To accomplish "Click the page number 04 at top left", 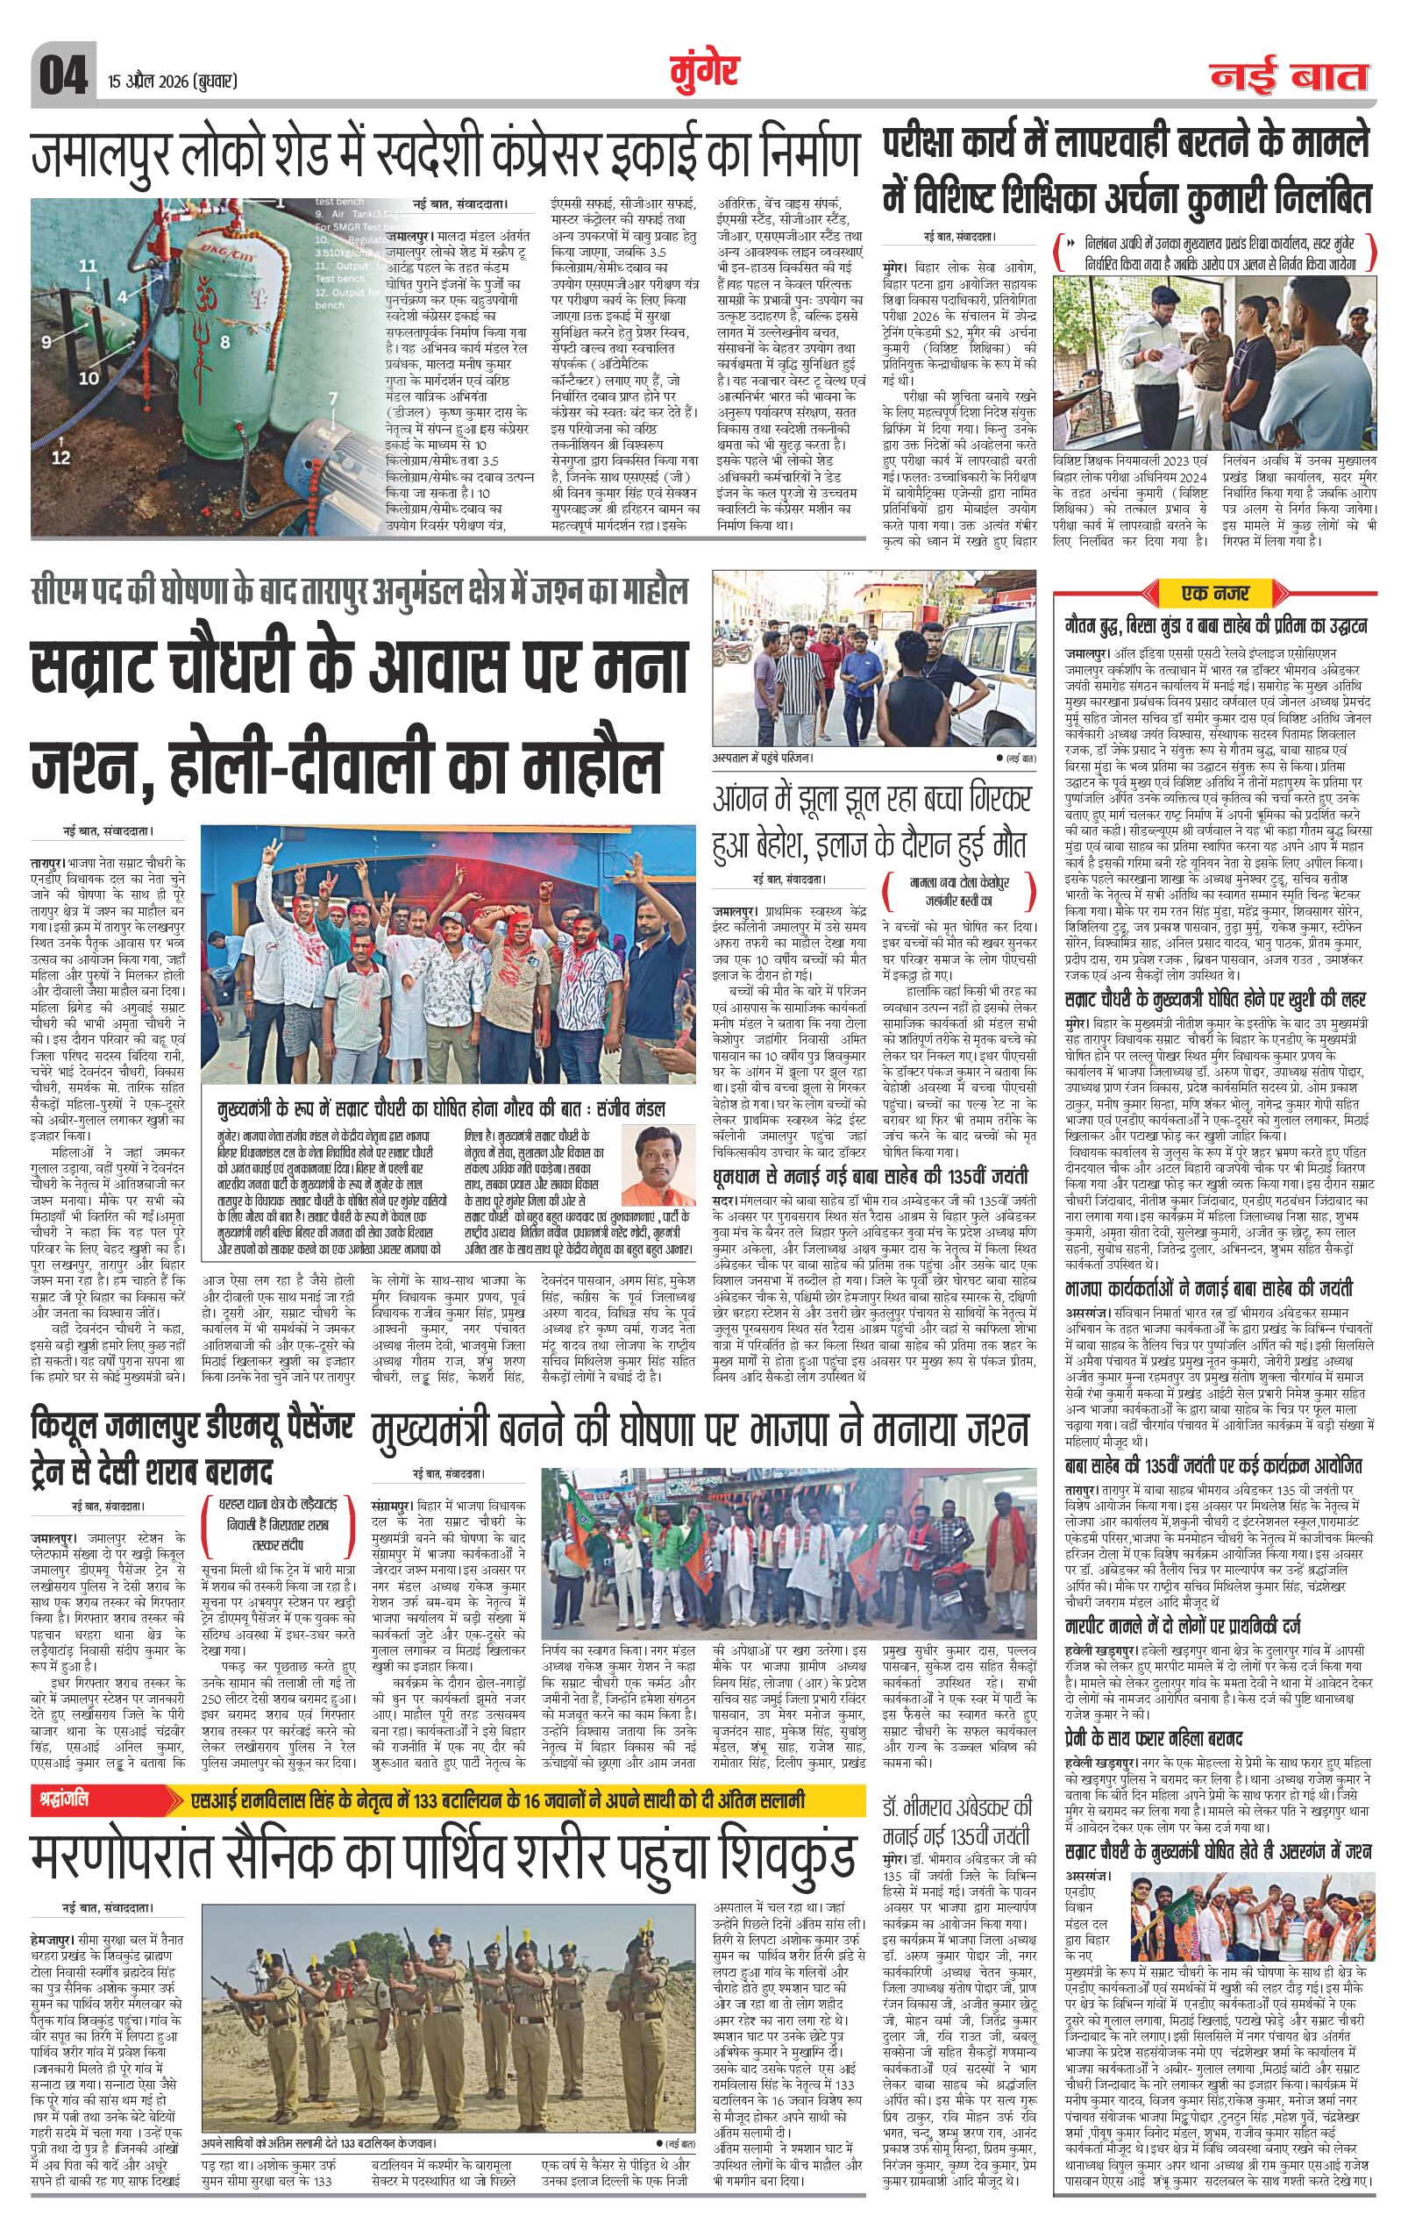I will [62, 75].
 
